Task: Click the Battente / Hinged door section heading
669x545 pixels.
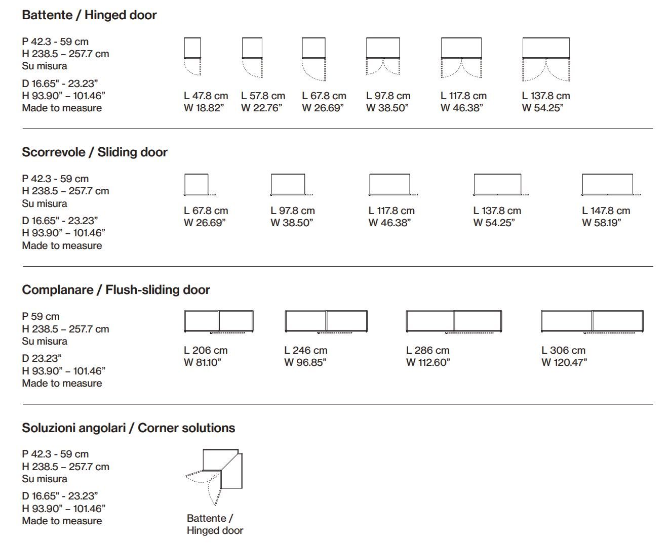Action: [x=89, y=15]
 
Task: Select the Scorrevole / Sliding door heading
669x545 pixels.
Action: [x=95, y=152]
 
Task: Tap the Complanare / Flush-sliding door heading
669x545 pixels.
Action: [x=116, y=290]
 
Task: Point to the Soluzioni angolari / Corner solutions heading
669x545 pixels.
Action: [x=129, y=428]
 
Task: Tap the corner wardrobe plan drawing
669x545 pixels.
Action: [x=221, y=469]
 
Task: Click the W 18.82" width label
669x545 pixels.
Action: [x=204, y=108]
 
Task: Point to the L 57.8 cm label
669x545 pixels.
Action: [x=263, y=96]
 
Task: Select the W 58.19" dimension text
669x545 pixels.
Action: [x=601, y=223]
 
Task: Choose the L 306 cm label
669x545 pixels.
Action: [x=563, y=350]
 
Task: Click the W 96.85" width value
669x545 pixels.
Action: [x=305, y=362]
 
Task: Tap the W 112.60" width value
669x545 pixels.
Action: [x=428, y=362]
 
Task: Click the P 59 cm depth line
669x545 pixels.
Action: [x=41, y=316]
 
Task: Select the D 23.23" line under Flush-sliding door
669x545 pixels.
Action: [x=42, y=358]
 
